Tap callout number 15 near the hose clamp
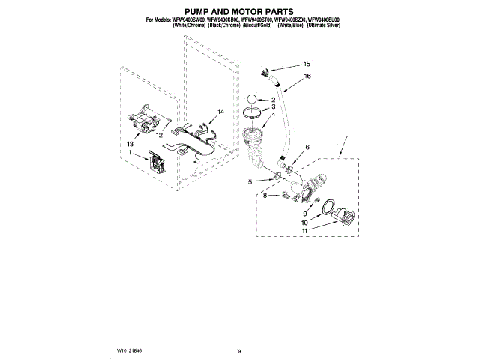tap(306, 64)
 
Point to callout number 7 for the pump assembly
tap(345, 137)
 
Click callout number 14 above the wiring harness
tap(220, 112)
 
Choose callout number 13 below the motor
tap(130, 143)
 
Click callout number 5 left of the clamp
tap(250, 181)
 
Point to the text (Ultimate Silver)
tap(340, 25)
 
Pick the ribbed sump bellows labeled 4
tap(255, 142)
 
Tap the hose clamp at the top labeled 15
tap(263, 73)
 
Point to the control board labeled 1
tap(160, 163)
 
